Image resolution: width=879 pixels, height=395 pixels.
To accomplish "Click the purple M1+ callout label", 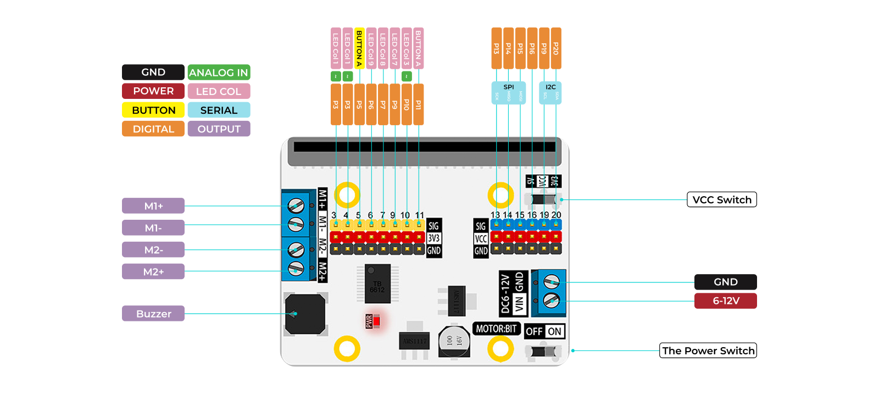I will (x=153, y=206).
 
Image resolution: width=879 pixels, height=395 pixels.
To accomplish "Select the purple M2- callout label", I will (x=153, y=250).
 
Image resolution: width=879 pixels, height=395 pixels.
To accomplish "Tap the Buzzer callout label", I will (x=153, y=314).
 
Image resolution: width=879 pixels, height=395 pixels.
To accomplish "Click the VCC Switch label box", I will (x=721, y=199).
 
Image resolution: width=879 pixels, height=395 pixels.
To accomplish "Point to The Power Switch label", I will (x=708, y=351).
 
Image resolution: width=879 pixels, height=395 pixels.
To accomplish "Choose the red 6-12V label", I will (x=725, y=301).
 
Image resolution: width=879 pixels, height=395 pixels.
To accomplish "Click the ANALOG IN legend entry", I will (x=219, y=73).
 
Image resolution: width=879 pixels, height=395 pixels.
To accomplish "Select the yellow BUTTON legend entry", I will (x=153, y=110).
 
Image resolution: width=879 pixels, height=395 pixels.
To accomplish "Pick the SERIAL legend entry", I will (x=219, y=110).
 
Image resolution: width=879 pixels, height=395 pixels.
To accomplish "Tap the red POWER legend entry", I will (x=153, y=91).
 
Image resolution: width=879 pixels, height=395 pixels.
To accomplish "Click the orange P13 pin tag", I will (x=497, y=48).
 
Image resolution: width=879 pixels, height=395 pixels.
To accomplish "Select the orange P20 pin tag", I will (x=556, y=48).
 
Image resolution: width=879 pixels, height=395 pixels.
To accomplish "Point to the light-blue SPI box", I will (x=508, y=92).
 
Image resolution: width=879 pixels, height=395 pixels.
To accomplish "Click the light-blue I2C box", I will (x=550, y=92).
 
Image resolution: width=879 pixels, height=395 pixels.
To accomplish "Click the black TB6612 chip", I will (x=377, y=283).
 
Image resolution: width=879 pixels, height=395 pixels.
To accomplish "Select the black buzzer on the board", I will (x=305, y=314).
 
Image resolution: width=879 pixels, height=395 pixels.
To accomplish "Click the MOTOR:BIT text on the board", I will (x=496, y=329).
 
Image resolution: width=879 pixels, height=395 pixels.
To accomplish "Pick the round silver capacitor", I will (x=454, y=341).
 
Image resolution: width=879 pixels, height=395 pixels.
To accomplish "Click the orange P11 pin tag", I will (x=419, y=104).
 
